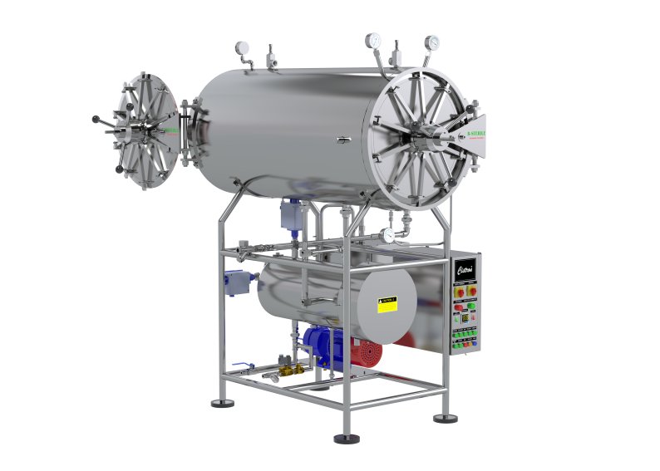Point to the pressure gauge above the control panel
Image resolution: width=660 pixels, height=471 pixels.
[x=388, y=236]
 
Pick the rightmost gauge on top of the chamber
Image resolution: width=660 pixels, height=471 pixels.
[x=432, y=42]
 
